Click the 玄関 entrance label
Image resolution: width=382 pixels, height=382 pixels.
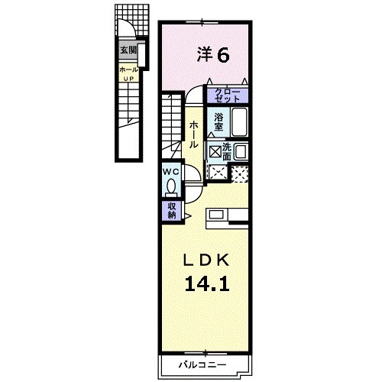(x=128, y=51)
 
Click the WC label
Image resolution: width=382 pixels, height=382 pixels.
(x=170, y=172)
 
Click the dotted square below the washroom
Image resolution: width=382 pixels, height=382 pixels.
(x=240, y=173)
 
